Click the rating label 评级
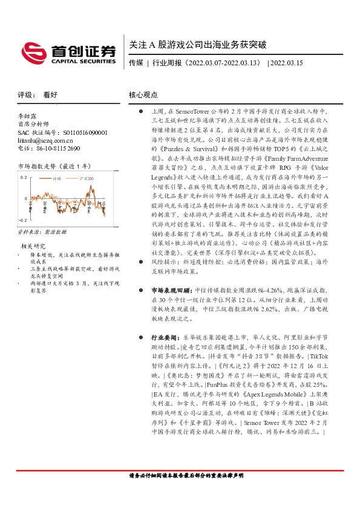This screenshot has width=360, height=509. click(x=25, y=95)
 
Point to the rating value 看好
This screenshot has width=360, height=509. click(x=51, y=95)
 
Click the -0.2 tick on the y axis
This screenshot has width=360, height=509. click(x=22, y=220)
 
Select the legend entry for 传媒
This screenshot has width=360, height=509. click(x=57, y=179)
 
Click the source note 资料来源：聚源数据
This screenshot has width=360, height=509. click(x=42, y=232)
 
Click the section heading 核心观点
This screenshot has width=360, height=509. click(x=143, y=95)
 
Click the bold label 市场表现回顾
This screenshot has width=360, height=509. click(x=168, y=290)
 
